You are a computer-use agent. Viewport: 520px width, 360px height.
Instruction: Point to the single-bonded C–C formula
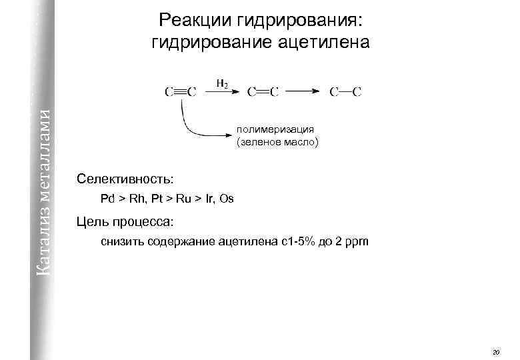pyautogui.click(x=346, y=92)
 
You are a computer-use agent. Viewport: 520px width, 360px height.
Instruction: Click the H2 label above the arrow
pyautogui.click(x=222, y=83)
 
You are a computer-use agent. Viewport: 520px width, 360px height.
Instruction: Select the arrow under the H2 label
pyautogui.click(x=222, y=93)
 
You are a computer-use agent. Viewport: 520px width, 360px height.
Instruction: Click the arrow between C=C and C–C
pyautogui.click(x=305, y=93)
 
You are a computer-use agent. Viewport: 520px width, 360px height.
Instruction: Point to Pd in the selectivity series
pyautogui.click(x=107, y=199)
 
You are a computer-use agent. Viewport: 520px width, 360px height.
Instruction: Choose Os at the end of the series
pyautogui.click(x=227, y=199)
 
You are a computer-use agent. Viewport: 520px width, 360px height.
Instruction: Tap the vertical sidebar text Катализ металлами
pyautogui.click(x=44, y=187)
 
